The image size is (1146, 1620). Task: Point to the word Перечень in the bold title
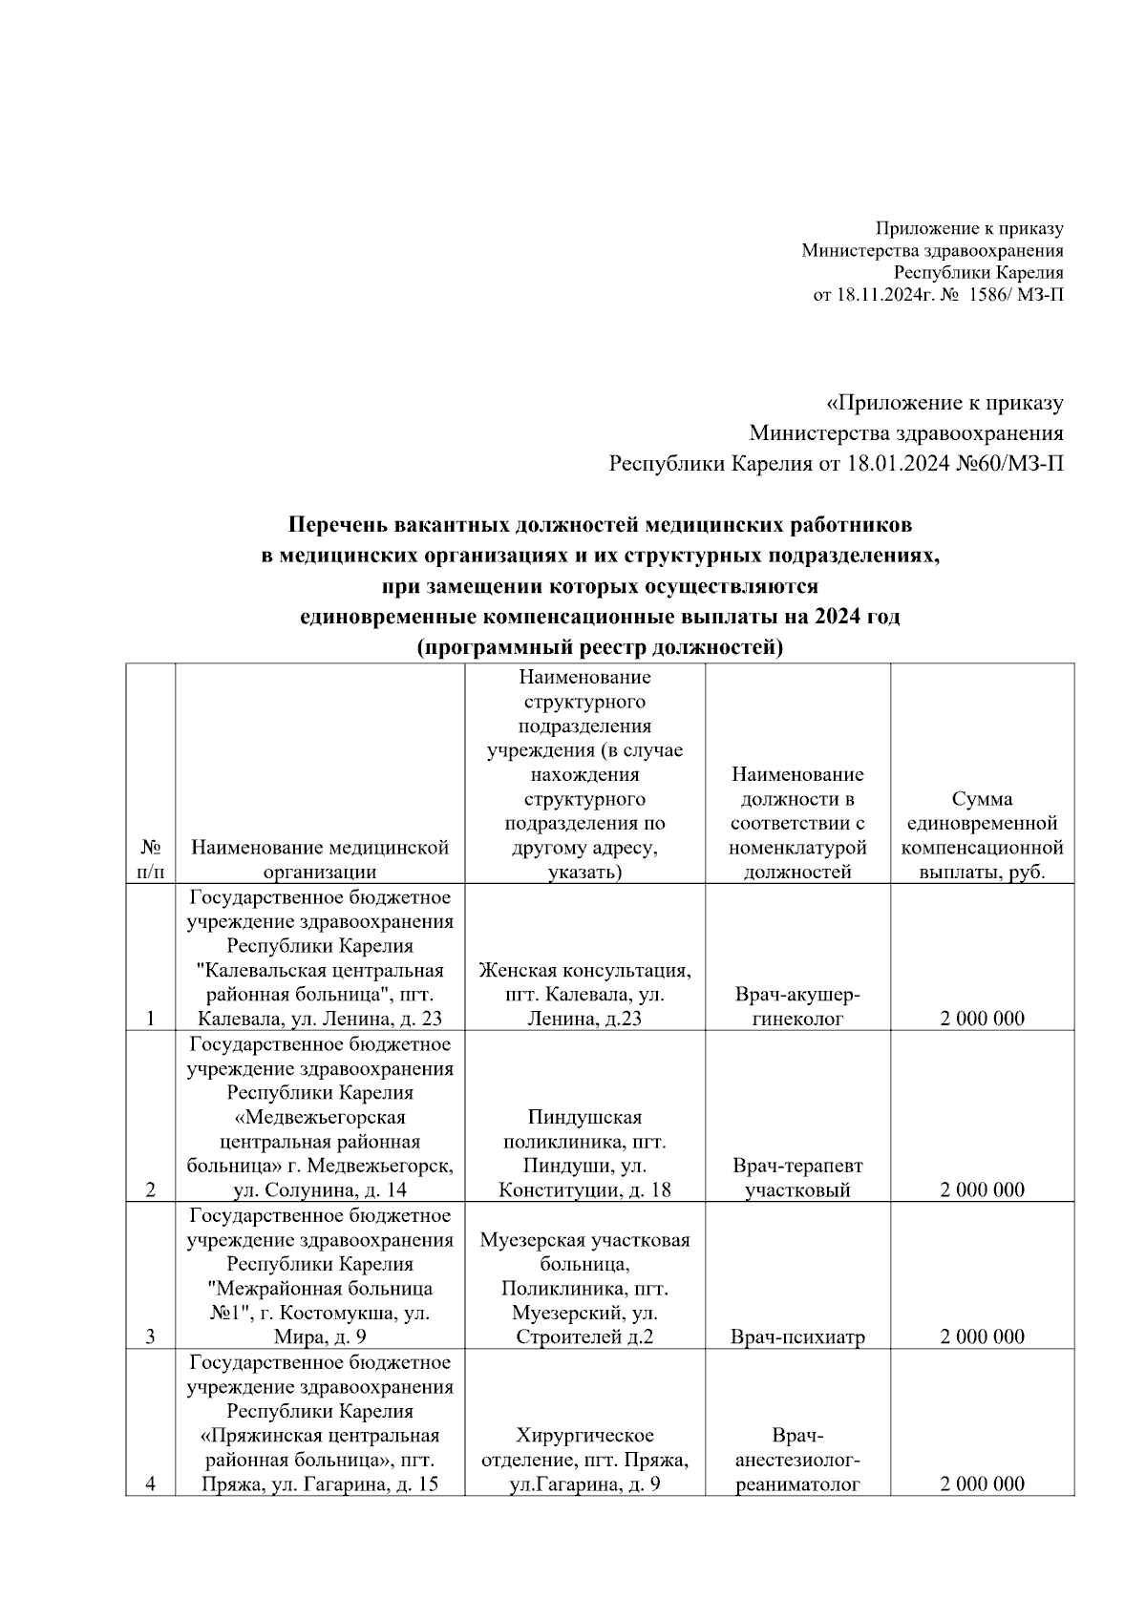(334, 524)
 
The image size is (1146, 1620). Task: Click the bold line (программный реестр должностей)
(600, 648)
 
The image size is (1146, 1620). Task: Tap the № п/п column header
(150, 859)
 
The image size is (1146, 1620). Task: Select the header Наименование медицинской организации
(320, 859)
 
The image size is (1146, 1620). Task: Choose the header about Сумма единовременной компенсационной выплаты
(982, 835)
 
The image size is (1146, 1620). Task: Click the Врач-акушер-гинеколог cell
(797, 1007)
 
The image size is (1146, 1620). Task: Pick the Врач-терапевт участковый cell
(797, 1178)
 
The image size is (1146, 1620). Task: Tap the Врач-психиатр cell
(797, 1336)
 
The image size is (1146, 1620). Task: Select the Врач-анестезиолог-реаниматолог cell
(797, 1460)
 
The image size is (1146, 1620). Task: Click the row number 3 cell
(150, 1336)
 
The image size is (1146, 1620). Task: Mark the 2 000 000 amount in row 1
(982, 1019)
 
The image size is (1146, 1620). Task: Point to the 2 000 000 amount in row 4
(982, 1483)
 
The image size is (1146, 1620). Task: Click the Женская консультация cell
(584, 995)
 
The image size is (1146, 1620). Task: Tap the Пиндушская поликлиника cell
(584, 1153)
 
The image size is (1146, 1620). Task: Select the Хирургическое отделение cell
(584, 1460)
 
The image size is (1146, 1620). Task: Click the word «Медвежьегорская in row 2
(320, 1117)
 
